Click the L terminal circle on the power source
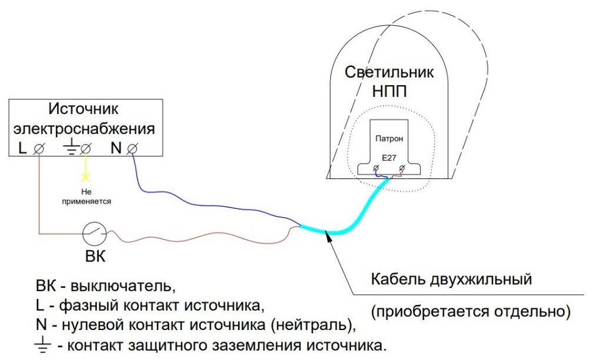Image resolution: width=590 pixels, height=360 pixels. [39, 149]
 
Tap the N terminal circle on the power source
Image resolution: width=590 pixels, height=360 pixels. [132, 149]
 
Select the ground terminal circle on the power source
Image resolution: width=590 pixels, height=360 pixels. [86, 149]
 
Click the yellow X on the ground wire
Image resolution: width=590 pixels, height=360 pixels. [86, 176]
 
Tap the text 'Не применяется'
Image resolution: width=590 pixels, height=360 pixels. [87, 196]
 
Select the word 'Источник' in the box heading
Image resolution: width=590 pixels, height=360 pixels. [83, 109]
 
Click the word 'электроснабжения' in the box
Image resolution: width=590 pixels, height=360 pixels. [85, 128]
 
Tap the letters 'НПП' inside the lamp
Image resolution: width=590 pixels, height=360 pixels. [390, 91]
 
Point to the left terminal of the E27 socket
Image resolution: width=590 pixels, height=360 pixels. [376, 169]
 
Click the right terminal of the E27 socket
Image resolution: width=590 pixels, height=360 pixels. [403, 169]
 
